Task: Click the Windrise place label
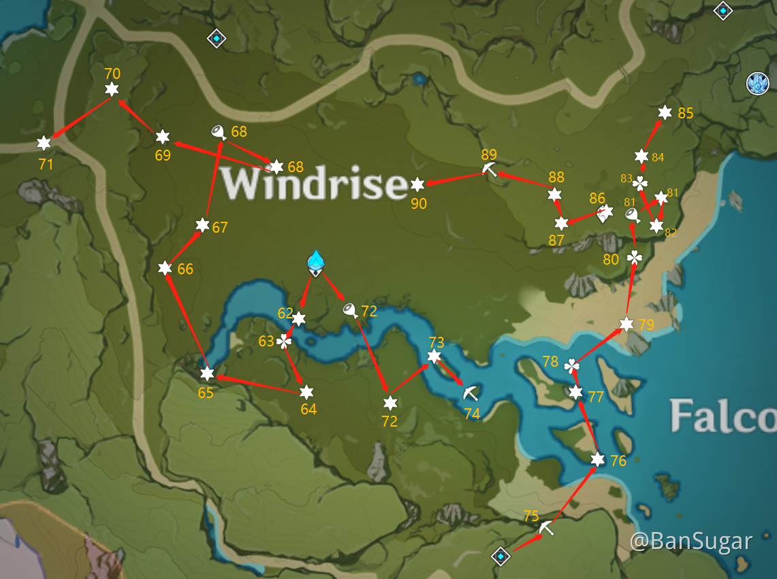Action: (314, 184)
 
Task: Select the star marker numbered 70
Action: (112, 89)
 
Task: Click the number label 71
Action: (46, 164)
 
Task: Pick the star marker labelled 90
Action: (417, 184)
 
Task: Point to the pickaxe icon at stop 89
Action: (489, 169)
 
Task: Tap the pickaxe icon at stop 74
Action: (470, 393)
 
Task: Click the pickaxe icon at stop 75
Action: (547, 528)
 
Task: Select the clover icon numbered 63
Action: (284, 341)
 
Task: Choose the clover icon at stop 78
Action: (572, 366)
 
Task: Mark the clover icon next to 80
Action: (634, 257)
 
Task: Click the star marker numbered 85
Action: (665, 112)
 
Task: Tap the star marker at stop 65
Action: (207, 374)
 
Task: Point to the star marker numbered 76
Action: (597, 459)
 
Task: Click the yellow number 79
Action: (646, 325)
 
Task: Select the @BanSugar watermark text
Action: (691, 542)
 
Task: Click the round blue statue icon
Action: (757, 83)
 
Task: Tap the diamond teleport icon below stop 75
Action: (501, 557)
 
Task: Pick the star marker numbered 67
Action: (202, 225)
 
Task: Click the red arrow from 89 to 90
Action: (454, 179)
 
